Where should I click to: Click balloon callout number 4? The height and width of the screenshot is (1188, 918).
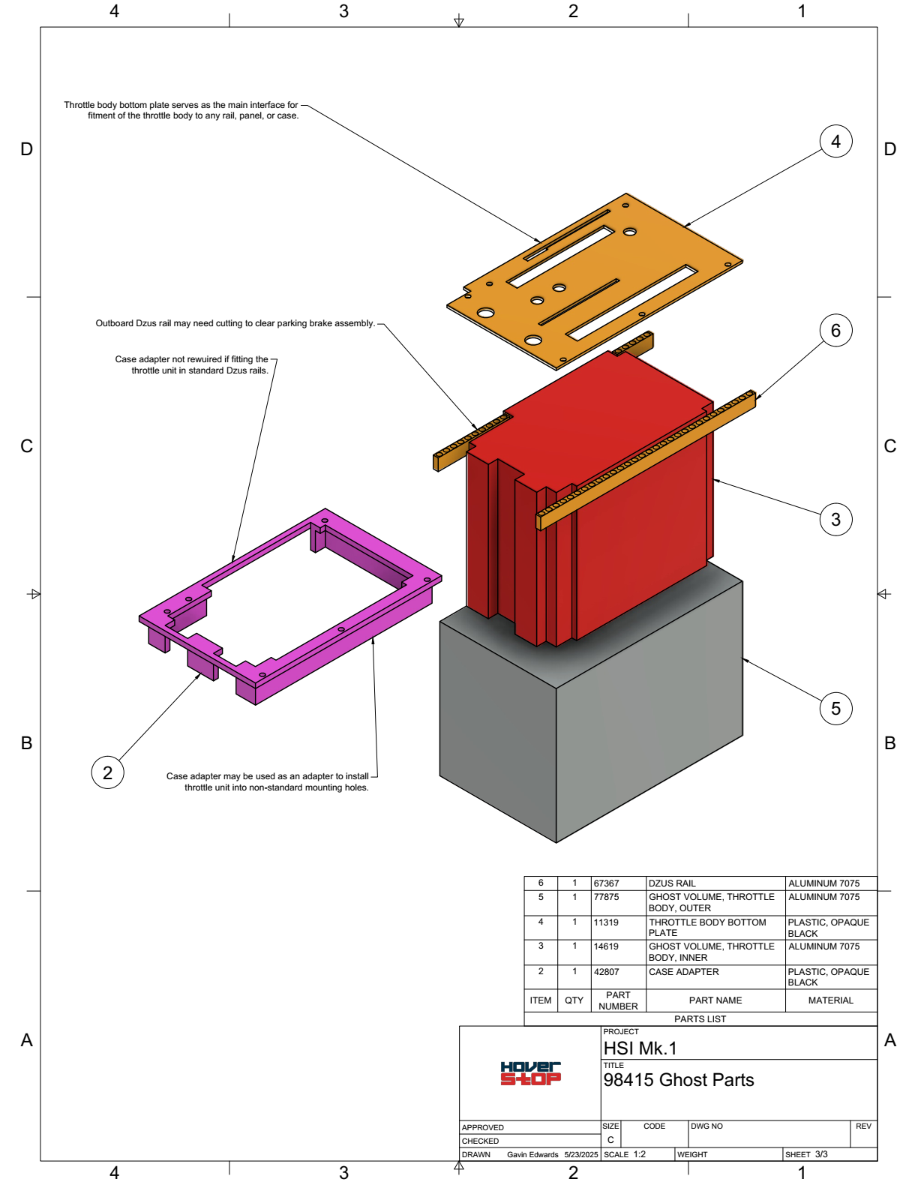click(x=835, y=142)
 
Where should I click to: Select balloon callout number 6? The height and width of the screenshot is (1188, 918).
click(x=835, y=331)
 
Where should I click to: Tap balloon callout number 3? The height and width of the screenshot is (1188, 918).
click(x=835, y=520)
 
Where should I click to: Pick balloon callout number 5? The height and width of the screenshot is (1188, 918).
click(x=835, y=709)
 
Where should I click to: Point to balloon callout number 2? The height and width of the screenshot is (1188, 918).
click(x=107, y=772)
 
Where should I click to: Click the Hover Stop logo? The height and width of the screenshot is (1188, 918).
click(x=530, y=1073)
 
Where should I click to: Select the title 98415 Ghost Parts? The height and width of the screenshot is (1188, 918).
click(x=678, y=1080)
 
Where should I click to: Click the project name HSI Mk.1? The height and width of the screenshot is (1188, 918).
click(x=640, y=1048)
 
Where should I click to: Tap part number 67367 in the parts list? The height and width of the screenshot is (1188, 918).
click(x=606, y=883)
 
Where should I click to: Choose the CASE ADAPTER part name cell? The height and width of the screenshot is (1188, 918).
click(x=683, y=972)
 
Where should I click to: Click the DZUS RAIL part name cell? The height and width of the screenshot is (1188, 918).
click(x=672, y=883)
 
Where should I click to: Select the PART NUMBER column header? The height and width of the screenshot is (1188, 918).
click(x=618, y=1000)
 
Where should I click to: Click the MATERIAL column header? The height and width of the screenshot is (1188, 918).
click(x=830, y=1000)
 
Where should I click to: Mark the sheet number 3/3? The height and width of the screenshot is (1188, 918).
click(x=821, y=1154)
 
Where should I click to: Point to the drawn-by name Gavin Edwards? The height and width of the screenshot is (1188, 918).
click(x=532, y=1155)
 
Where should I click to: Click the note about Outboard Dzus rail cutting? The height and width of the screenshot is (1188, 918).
click(x=235, y=323)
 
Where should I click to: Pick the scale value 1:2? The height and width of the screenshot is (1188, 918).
click(x=639, y=1154)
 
